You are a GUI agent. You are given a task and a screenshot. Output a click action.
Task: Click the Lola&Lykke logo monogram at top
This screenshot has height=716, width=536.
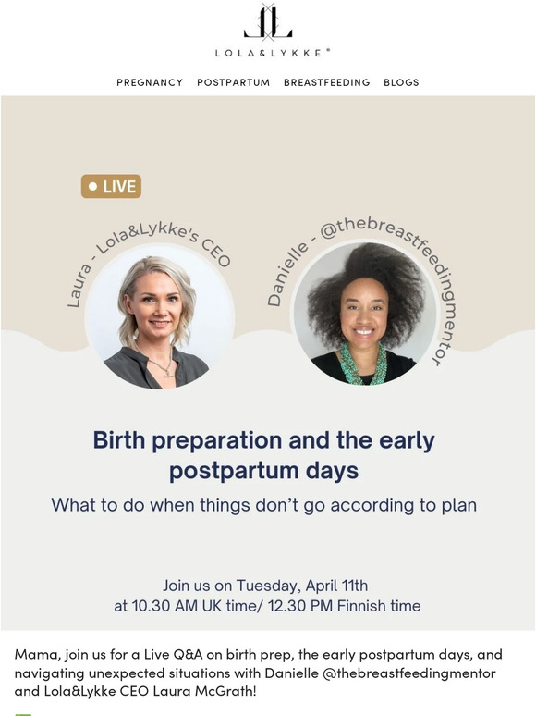[x=268, y=22]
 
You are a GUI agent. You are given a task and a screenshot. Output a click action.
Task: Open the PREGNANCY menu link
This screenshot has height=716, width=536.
[x=150, y=82]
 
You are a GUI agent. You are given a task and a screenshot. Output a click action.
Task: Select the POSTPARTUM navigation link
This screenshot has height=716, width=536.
[x=233, y=82]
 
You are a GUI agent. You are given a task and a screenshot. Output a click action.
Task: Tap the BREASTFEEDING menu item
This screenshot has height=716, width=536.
[x=326, y=82]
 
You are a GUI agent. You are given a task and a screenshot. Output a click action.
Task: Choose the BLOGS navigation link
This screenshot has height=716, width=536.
[x=401, y=82]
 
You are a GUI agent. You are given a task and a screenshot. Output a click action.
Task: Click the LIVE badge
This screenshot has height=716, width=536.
[x=111, y=187]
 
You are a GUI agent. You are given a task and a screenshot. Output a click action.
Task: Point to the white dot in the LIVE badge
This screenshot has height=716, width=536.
[x=92, y=187]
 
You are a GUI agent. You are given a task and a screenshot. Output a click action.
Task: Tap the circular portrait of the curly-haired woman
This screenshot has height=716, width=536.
[x=364, y=313]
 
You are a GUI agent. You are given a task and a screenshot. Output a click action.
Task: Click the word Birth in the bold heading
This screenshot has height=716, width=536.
[x=120, y=440]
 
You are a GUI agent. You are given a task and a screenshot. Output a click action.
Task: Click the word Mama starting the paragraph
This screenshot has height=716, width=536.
[x=37, y=653]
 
